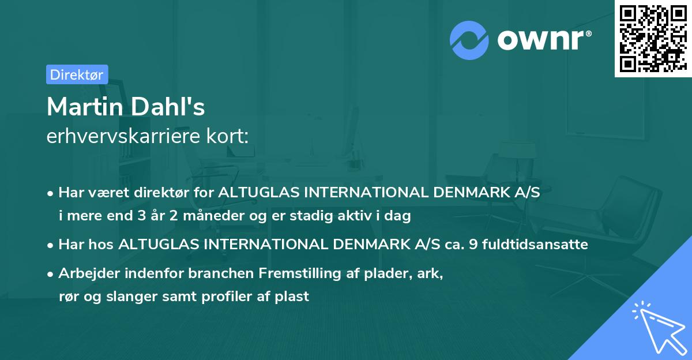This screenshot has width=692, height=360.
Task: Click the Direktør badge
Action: click(x=77, y=74)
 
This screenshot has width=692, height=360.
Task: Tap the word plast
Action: click(x=294, y=297)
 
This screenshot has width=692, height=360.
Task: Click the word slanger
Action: click(x=121, y=297)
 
